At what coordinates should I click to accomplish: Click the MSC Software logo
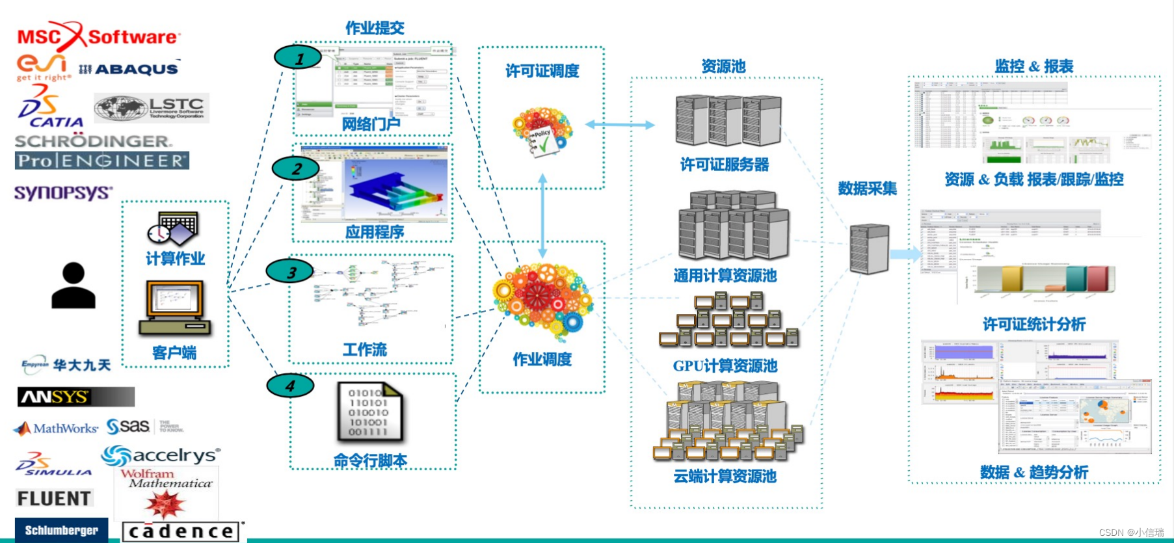[98, 36]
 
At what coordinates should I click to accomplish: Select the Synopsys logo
[63, 192]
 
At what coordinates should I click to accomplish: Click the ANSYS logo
[75, 397]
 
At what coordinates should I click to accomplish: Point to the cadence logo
[182, 531]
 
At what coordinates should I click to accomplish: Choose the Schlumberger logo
[61, 530]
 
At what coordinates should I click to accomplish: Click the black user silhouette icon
[73, 286]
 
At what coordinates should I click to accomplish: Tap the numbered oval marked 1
[298, 58]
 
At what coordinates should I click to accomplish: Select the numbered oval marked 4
[290, 386]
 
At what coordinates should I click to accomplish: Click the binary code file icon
[369, 412]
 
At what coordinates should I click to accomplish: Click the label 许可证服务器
[725, 165]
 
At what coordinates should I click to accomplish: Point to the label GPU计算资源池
[725, 366]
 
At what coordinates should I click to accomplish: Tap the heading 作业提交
[375, 28]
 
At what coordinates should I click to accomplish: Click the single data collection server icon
[869, 249]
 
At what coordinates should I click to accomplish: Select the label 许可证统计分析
[1034, 324]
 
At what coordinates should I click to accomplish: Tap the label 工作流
[364, 350]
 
